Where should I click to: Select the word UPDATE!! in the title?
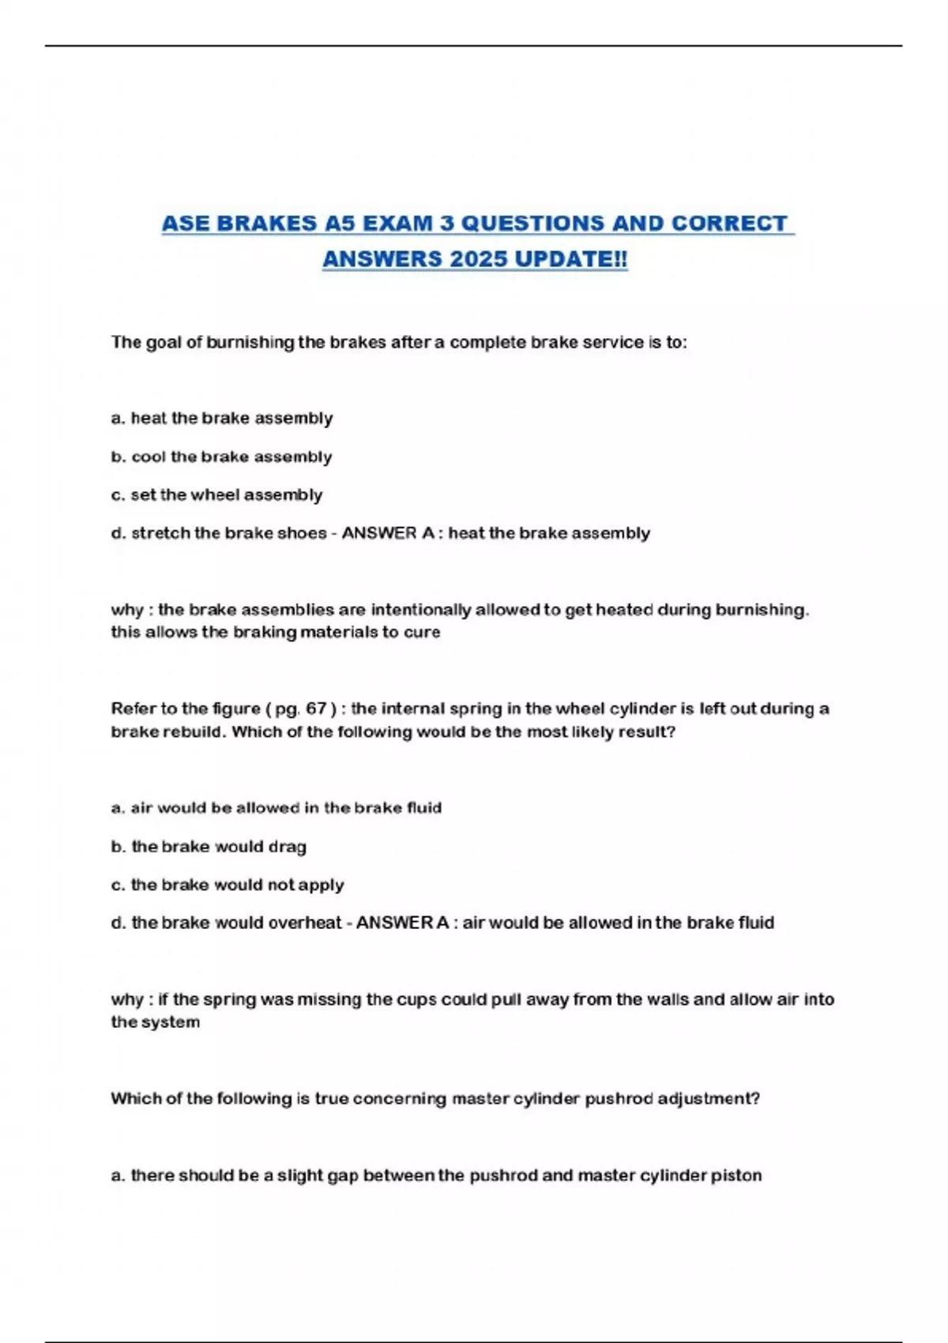point(571,259)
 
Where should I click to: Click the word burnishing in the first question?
point(250,342)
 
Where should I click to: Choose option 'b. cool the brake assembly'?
point(221,457)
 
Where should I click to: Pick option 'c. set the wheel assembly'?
point(216,495)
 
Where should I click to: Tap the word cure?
point(422,632)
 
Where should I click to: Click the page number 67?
point(316,709)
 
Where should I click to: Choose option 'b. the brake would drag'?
point(209,847)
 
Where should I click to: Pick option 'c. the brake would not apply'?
point(228,885)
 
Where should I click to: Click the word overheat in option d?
point(304,923)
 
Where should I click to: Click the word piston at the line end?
point(735,1176)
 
